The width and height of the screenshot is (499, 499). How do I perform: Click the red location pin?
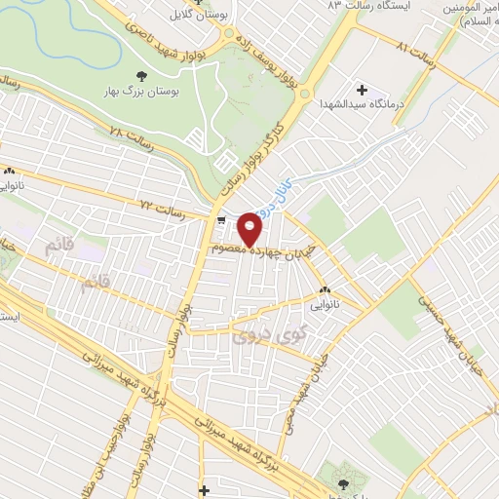251,228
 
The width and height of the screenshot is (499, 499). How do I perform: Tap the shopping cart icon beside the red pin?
221,220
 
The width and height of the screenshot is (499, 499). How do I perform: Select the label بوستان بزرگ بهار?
142,92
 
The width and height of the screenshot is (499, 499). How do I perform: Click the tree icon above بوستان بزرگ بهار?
141,74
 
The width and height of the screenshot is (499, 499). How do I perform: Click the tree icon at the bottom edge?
342,481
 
